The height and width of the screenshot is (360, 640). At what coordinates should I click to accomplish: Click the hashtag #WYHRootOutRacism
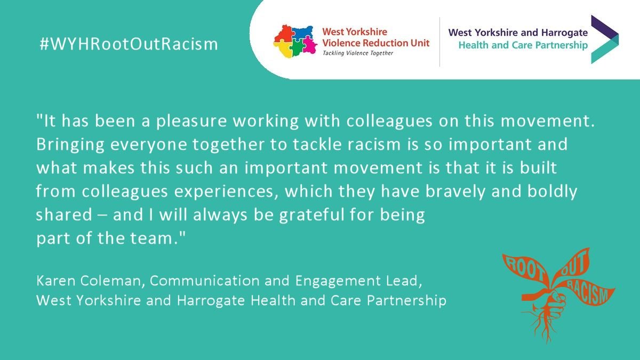(129, 44)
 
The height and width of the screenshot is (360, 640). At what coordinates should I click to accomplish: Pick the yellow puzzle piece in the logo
(283, 49)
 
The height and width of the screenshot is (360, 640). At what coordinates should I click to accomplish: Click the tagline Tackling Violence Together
(358, 53)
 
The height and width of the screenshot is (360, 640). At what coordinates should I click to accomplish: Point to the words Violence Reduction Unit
(375, 43)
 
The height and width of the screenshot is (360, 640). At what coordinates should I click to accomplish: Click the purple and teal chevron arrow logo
(605, 39)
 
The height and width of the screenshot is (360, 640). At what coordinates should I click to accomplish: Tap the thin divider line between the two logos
(439, 42)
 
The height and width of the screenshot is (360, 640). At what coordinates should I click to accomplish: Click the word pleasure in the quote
(191, 122)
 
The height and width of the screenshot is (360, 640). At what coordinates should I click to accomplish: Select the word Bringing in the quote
(70, 145)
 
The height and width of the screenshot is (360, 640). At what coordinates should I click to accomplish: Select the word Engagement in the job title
(338, 282)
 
